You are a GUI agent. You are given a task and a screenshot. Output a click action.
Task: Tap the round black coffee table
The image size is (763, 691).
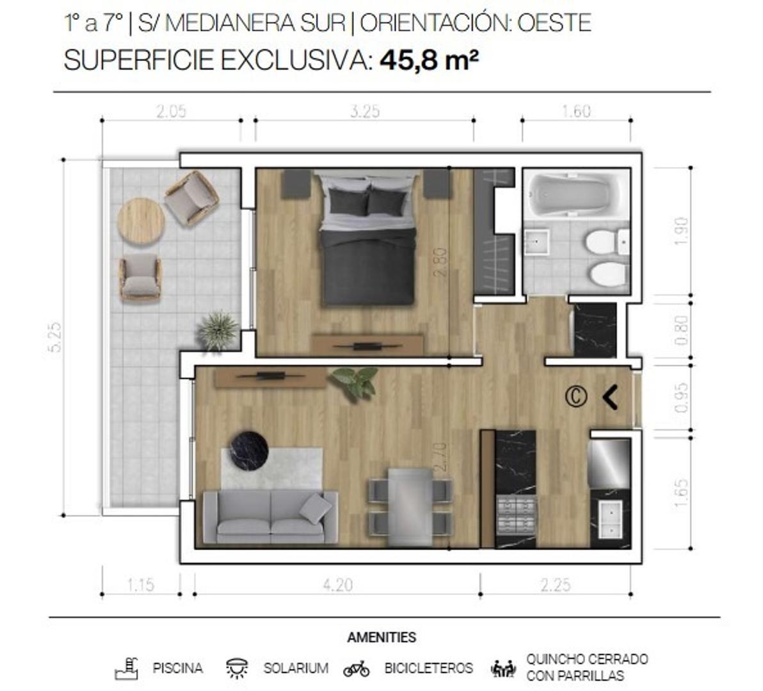tap(249, 450)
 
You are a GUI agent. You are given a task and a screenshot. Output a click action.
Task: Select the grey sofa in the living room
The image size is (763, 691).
tap(270, 517)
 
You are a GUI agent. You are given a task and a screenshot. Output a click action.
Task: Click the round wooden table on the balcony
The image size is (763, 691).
tap(141, 221)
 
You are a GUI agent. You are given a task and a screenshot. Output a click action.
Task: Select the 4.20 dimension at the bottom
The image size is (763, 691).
tap(337, 585)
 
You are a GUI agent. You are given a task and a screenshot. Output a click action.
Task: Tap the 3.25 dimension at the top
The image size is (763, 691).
tap(365, 111)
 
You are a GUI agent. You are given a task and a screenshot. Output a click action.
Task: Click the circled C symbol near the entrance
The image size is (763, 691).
tap(575, 397)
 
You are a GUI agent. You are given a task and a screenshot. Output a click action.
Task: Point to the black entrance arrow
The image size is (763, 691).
tap(610, 397)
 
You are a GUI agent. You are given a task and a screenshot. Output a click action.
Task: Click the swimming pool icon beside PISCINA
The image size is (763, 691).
tap(127, 668)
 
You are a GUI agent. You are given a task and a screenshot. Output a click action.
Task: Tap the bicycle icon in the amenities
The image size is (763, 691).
tap(357, 669)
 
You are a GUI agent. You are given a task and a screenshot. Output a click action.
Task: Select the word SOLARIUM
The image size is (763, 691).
tap(296, 669)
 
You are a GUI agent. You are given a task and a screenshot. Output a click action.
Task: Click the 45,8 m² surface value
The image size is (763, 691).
tap(429, 61)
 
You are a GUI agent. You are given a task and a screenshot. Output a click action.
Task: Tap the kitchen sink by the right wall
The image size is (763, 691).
tap(610, 519)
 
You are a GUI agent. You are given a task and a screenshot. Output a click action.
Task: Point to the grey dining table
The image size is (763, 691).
tap(410, 506)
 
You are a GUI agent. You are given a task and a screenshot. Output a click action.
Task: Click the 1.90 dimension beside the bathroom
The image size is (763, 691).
tap(681, 231)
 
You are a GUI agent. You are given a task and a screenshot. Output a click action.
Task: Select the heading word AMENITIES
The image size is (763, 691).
tap(381, 637)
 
